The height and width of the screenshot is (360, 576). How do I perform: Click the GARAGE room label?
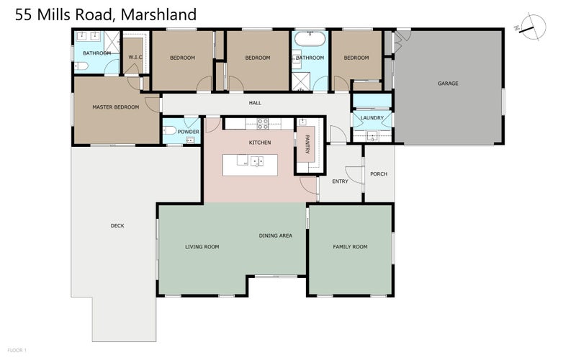(x=448, y=84)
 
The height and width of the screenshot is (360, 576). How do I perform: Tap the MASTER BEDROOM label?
(x=115, y=107)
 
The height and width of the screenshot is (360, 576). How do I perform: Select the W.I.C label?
(x=134, y=58)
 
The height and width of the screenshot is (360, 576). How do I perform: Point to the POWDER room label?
(x=188, y=132)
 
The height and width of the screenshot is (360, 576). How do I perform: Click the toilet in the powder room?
(x=170, y=131)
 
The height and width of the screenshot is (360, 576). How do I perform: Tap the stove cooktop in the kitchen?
(x=262, y=124)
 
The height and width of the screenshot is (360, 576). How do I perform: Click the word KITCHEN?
(x=260, y=143)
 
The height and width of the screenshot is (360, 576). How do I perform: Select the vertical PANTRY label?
(x=306, y=143)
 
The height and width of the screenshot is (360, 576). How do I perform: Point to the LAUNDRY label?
(x=372, y=117)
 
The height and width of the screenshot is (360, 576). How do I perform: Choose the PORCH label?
(x=379, y=174)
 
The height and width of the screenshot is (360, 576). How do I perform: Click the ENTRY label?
(x=340, y=181)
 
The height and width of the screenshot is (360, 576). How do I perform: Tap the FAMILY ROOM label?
(x=350, y=247)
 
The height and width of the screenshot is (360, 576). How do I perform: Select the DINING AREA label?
(x=276, y=235)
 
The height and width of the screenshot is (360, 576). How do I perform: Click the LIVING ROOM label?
(x=202, y=247)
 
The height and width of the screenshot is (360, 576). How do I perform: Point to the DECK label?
(x=117, y=225)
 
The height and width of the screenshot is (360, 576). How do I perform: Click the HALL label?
(x=255, y=103)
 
